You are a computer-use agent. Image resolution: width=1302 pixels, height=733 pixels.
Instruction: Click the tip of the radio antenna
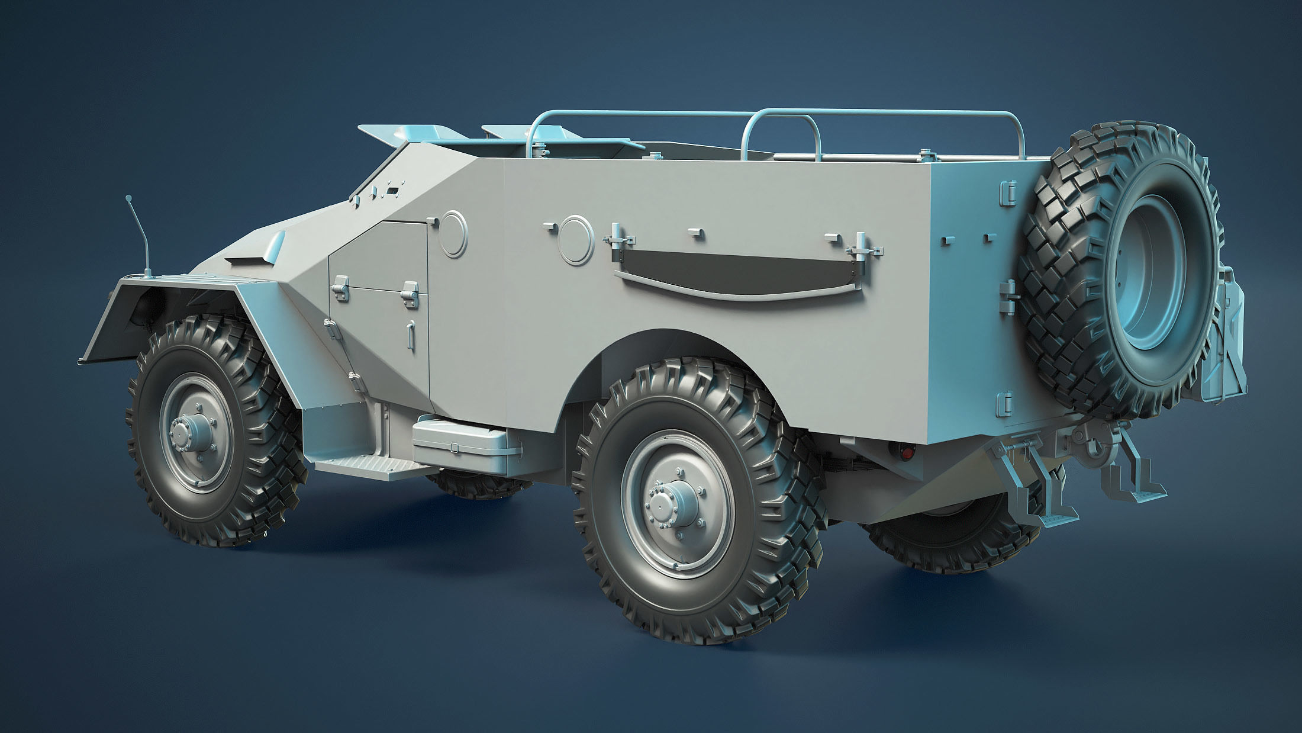tap(127, 197)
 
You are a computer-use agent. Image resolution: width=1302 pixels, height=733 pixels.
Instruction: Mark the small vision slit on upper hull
tap(392, 191)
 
